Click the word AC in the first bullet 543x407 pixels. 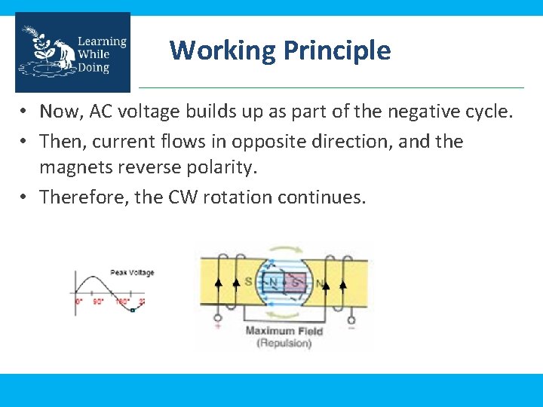click(x=102, y=112)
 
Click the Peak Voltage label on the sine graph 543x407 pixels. click(x=132, y=273)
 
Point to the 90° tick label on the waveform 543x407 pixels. click(x=98, y=301)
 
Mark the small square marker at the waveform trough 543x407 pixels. click(x=132, y=310)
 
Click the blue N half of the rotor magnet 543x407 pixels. click(x=274, y=283)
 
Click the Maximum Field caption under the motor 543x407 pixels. click(x=284, y=331)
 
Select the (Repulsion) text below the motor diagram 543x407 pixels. click(x=284, y=343)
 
